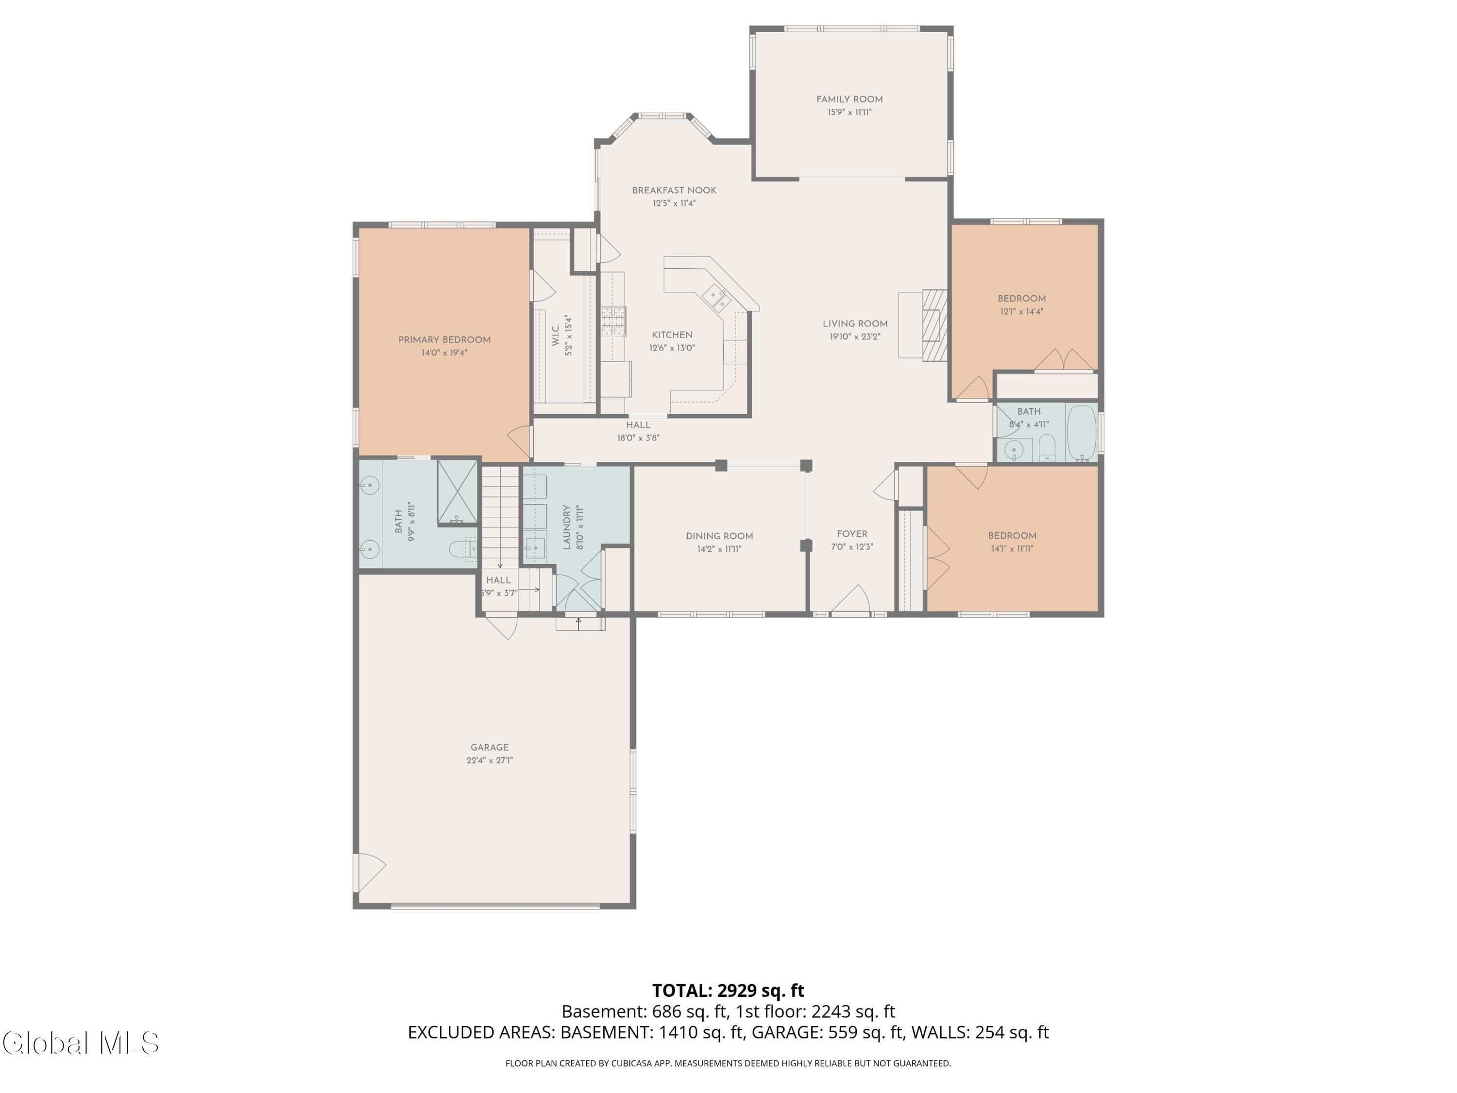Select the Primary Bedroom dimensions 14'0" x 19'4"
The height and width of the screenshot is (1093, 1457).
[x=444, y=353]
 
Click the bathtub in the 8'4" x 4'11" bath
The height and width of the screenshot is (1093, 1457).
[x=1081, y=433]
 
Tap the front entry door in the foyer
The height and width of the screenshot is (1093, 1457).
[x=850, y=600]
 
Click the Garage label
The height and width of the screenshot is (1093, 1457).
[x=490, y=747]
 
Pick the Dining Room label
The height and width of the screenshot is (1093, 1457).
[x=719, y=536]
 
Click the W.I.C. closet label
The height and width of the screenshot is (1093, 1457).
[x=555, y=335]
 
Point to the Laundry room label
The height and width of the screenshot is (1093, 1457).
[x=566, y=527]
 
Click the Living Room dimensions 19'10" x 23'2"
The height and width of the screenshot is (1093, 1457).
[x=855, y=336]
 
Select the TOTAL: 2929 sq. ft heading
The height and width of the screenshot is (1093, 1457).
[x=728, y=990]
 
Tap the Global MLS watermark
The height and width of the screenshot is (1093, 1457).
[x=80, y=1042]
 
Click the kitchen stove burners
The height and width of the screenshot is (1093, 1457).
[x=612, y=322]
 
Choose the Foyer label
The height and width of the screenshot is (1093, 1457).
[x=852, y=534]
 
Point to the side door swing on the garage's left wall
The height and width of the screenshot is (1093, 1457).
[x=369, y=871]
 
